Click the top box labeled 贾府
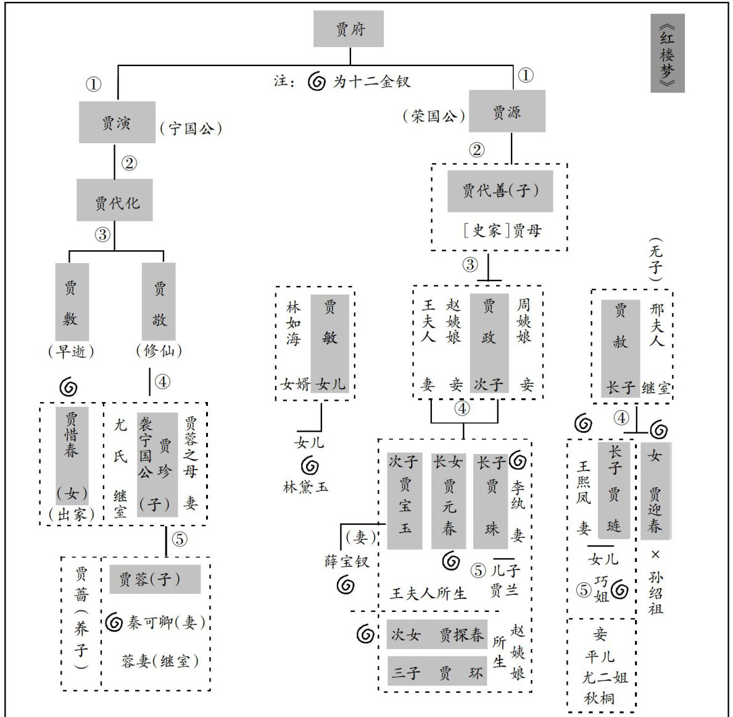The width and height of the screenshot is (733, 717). point(349,29)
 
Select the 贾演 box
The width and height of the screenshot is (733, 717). point(117,122)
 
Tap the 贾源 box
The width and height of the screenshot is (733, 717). point(507,111)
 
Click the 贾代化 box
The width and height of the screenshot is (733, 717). point(115,201)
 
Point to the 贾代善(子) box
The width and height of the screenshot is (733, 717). point(500,191)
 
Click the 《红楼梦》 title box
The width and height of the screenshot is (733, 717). point(667,54)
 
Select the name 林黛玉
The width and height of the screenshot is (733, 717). point(306,487)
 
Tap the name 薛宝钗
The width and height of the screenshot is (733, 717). point(347,561)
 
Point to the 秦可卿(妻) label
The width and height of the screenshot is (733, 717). point(166,623)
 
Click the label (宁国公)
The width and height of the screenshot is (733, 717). point(191,128)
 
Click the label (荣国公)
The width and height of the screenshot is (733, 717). point(434,115)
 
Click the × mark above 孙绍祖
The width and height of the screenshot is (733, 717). point(655,554)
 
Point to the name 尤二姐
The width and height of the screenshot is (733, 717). point(604,677)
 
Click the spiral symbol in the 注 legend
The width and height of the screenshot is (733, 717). point(317,82)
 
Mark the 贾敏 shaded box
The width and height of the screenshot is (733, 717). point(330,343)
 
